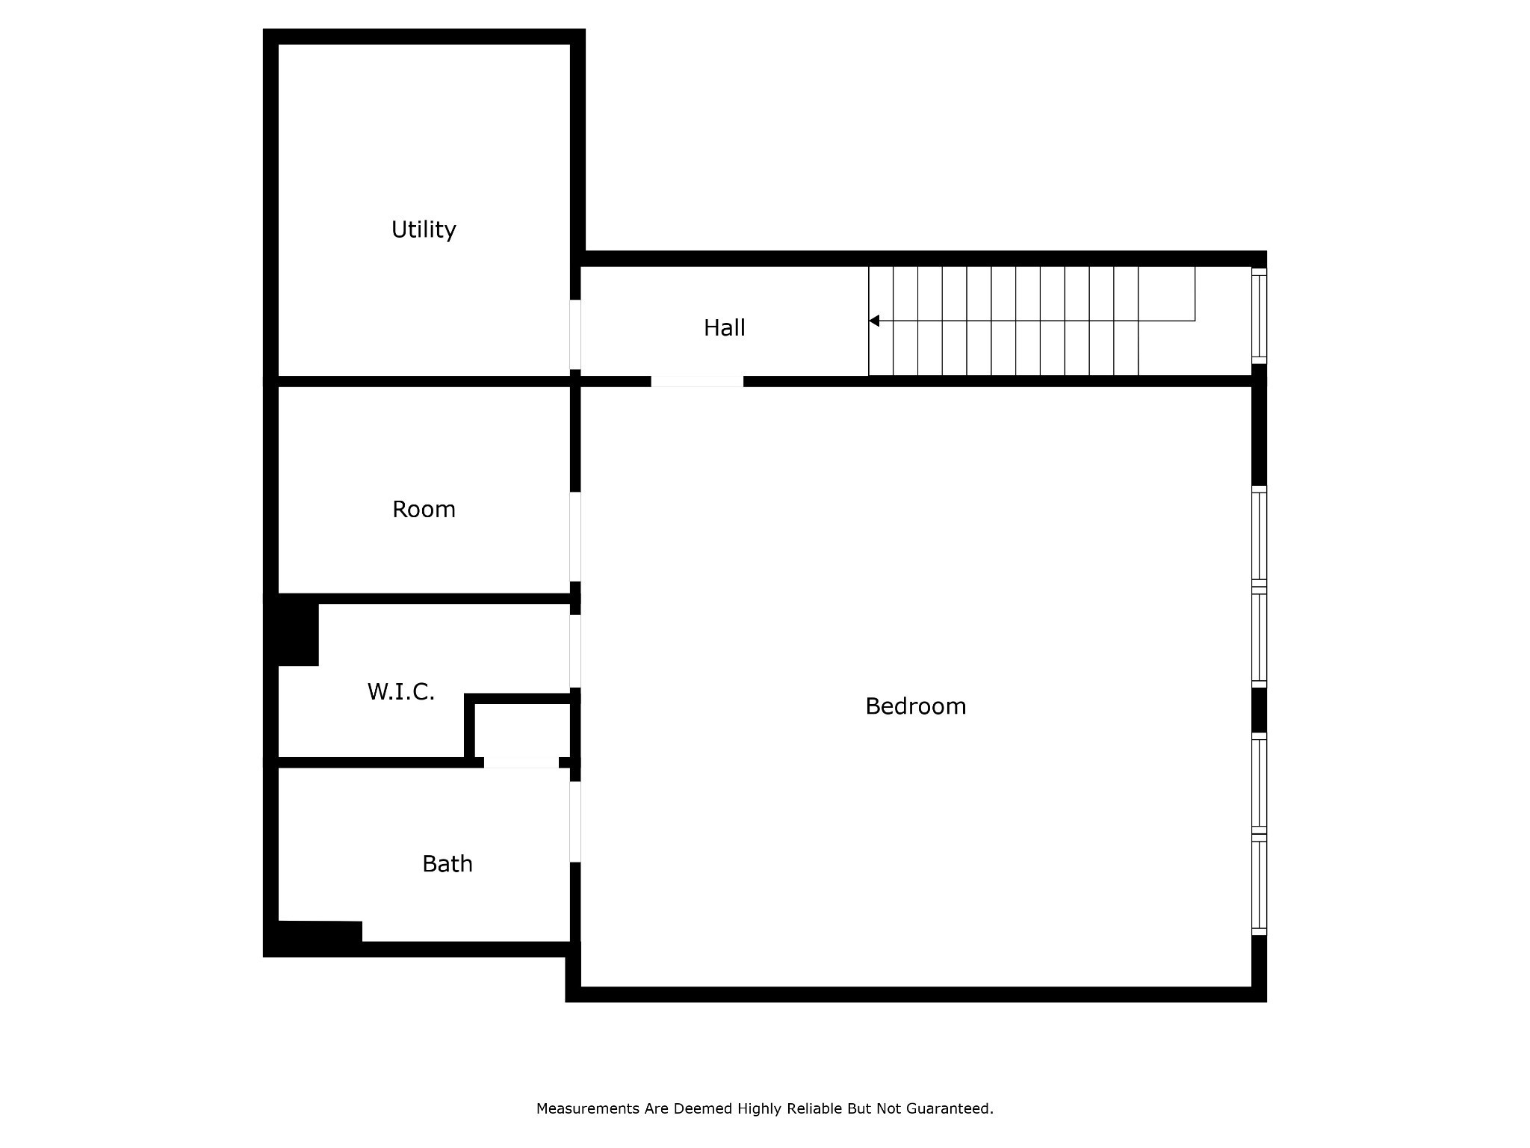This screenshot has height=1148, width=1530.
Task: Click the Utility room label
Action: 424,229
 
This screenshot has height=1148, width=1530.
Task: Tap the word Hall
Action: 724,328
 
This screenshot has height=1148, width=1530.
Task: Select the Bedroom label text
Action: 915,706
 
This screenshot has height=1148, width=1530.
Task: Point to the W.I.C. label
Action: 400,692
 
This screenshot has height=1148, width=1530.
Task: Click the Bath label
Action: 447,864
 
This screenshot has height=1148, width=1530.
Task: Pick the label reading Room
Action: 424,510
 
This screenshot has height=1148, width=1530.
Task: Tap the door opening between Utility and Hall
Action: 575,334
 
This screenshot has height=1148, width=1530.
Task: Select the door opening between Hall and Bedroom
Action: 697,381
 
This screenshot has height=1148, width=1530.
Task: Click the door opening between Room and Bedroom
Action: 575,536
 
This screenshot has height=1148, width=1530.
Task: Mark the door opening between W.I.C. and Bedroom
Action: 575,651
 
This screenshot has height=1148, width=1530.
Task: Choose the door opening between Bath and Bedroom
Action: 575,821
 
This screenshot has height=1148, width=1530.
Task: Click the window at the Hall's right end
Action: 1259,316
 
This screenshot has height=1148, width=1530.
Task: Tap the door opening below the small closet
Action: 521,762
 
